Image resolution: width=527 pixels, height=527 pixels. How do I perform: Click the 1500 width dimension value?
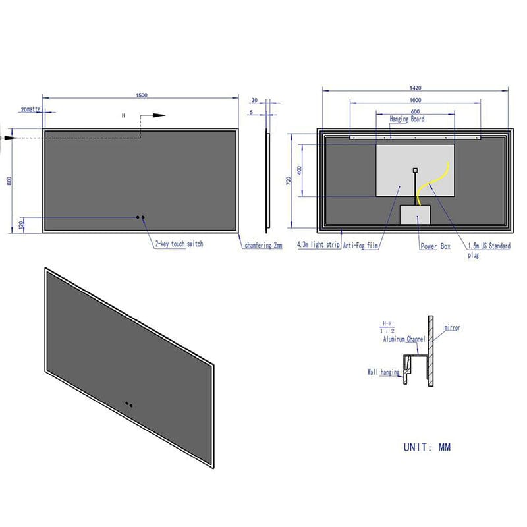tap(141, 95)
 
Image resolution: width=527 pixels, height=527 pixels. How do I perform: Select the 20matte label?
tap(30, 108)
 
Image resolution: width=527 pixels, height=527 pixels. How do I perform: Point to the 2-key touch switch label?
tap(179, 244)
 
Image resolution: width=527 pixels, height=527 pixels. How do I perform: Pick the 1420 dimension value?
tap(415, 87)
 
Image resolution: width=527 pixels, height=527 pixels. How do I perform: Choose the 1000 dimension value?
tap(415, 100)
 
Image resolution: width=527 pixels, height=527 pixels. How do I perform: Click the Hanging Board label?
tap(407, 119)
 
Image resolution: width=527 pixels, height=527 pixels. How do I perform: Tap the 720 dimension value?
tap(289, 180)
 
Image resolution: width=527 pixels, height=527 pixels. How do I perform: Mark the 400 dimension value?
tap(300, 170)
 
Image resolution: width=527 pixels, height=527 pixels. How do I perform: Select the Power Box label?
tap(435, 246)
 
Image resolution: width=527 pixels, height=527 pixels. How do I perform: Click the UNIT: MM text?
tap(427, 447)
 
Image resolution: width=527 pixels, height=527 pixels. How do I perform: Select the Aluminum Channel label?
tap(404, 339)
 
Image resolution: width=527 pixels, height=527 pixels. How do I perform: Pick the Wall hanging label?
tap(383, 372)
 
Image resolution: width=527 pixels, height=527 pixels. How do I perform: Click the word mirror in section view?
tap(452, 327)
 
